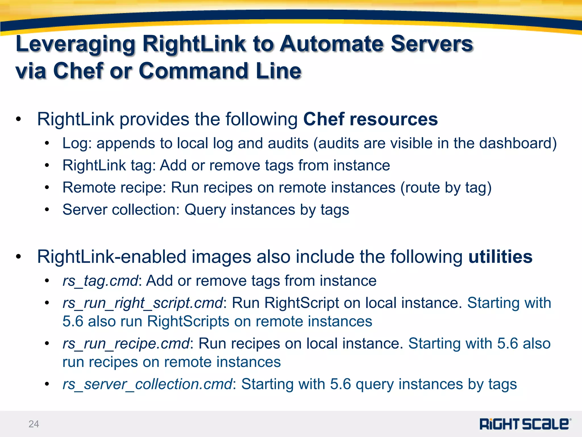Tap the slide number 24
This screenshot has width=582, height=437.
pyautogui.click(x=34, y=424)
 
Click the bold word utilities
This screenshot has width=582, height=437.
pyautogui.click(x=500, y=257)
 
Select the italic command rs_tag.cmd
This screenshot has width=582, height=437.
pyautogui.click(x=100, y=281)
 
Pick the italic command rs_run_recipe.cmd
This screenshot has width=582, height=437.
pyautogui.click(x=126, y=343)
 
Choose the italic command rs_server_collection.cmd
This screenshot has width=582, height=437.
pyautogui.click(x=147, y=384)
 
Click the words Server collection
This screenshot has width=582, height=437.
pyautogui.click(x=121, y=210)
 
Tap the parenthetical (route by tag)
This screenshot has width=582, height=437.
pyautogui.click(x=446, y=188)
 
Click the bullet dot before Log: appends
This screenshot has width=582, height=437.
pyautogui.click(x=47, y=143)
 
